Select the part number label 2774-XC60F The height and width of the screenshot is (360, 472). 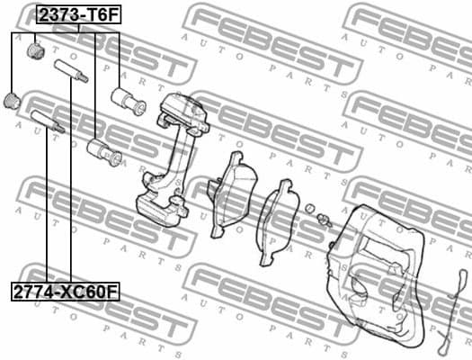pyautogui.click(x=65, y=292)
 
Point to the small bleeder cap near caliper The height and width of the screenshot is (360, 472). pyautogui.click(x=310, y=210)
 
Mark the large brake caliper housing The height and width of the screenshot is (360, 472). pyautogui.click(x=382, y=270)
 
